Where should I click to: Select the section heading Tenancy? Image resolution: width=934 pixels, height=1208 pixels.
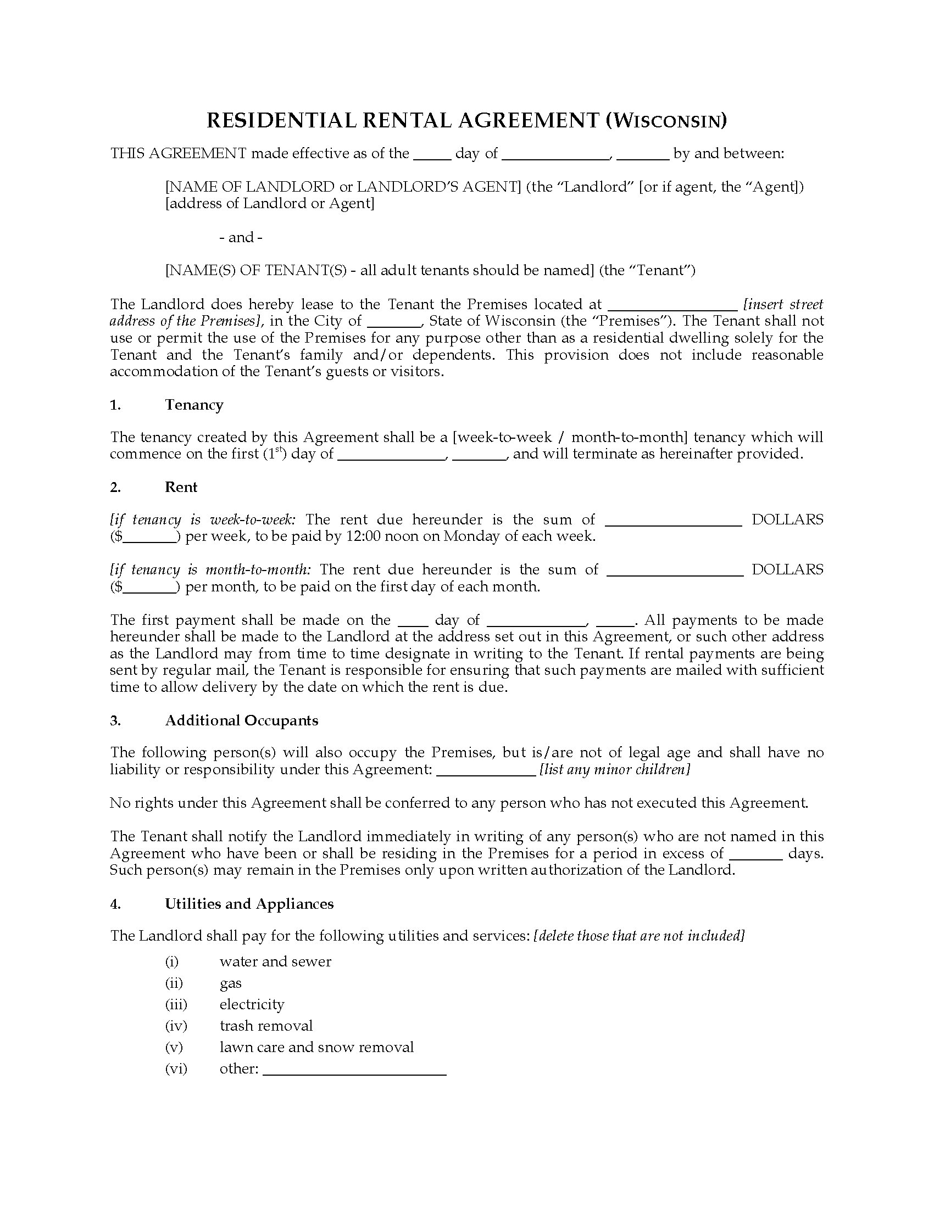click(x=193, y=405)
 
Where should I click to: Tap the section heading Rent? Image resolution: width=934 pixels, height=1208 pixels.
click(x=181, y=487)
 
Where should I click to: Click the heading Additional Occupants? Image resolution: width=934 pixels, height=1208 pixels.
click(x=242, y=720)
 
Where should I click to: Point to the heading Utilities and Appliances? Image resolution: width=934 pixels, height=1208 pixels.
click(x=249, y=904)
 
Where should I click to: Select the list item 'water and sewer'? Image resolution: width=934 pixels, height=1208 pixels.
click(x=275, y=961)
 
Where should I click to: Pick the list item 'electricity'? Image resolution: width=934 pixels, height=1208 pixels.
click(x=252, y=1004)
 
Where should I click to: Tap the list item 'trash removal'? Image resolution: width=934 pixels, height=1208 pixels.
click(x=266, y=1026)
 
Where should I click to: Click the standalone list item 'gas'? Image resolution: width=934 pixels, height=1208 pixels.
click(x=231, y=983)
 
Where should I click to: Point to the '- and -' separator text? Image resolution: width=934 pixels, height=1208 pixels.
click(x=241, y=237)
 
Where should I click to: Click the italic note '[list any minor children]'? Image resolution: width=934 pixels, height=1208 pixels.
click(x=614, y=769)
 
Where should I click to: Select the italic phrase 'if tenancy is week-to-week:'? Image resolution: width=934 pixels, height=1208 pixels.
click(x=203, y=519)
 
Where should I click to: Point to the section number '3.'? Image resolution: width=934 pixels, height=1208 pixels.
click(x=115, y=720)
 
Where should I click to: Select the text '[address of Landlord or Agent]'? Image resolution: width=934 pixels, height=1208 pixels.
click(x=270, y=204)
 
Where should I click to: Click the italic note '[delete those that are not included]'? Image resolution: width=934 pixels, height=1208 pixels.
click(x=639, y=936)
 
